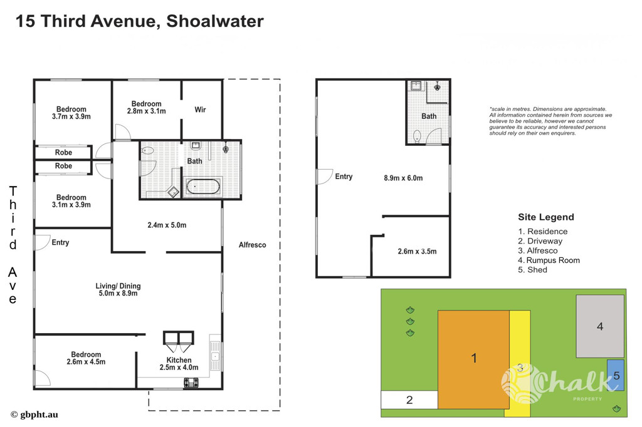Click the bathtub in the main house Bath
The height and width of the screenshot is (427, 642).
tap(203, 187)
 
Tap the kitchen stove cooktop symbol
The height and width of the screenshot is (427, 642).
tap(191, 383)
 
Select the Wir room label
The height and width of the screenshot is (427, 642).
tap(200, 110)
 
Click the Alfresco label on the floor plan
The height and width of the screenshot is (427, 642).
tap(252, 245)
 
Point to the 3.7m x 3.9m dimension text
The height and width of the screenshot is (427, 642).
tap(71, 116)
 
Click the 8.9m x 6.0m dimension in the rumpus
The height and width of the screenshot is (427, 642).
tap(403, 178)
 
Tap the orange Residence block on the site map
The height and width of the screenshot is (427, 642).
tap(474, 359)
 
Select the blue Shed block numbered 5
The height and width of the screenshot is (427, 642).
tap(616, 375)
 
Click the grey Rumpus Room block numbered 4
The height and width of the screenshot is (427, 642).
tap(600, 326)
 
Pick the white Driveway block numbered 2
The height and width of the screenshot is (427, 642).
tap(409, 400)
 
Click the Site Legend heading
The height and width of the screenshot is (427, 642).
tap(546, 217)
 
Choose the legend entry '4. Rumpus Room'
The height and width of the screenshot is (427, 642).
tap(549, 260)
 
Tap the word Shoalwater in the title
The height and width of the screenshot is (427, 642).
tap(215, 21)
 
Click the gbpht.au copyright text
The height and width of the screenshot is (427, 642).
tap(34, 414)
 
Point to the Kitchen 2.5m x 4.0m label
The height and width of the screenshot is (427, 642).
tap(179, 364)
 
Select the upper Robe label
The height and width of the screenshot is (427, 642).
tap(63, 153)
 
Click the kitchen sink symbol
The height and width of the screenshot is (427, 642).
tap(216, 356)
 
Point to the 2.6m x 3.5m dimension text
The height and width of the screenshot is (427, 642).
tap(417, 252)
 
